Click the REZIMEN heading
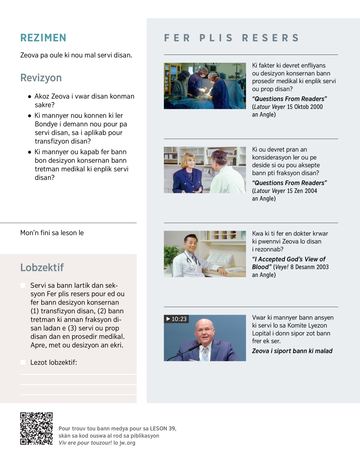click(43, 38)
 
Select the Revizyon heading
click(41, 78)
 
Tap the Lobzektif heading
click(42, 267)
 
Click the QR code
click(36, 428)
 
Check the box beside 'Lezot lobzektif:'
click(23, 362)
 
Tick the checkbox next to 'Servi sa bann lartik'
click(23, 285)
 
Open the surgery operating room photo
click(205, 86)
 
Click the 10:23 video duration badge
click(177, 319)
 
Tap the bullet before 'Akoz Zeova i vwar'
click(29, 97)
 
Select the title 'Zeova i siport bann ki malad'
click(292, 351)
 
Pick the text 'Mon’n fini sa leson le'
click(52, 233)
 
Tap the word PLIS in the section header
click(216, 38)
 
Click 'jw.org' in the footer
click(127, 443)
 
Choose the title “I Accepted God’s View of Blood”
click(288, 263)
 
